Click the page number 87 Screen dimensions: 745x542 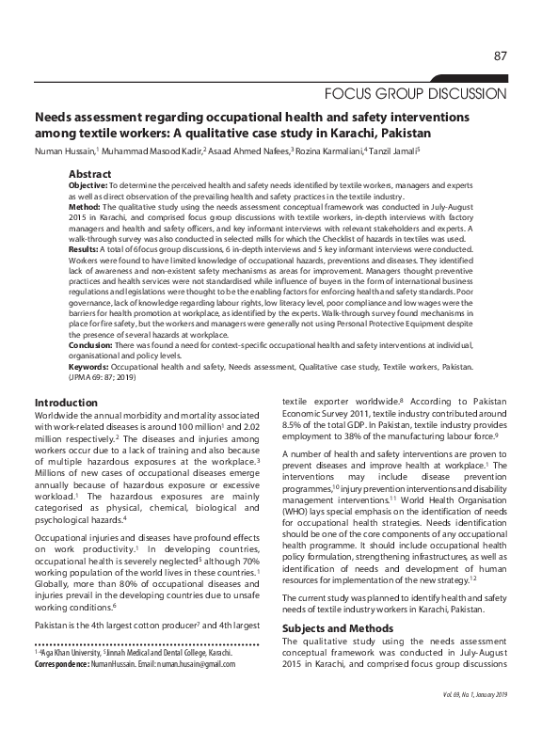click(501, 57)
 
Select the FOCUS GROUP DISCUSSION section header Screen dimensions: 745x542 click(416, 94)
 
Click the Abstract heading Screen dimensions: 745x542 click(89, 174)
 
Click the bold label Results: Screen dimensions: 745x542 click(85, 248)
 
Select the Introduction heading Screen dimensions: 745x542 click(67, 403)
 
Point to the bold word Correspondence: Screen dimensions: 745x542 click(64, 663)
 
